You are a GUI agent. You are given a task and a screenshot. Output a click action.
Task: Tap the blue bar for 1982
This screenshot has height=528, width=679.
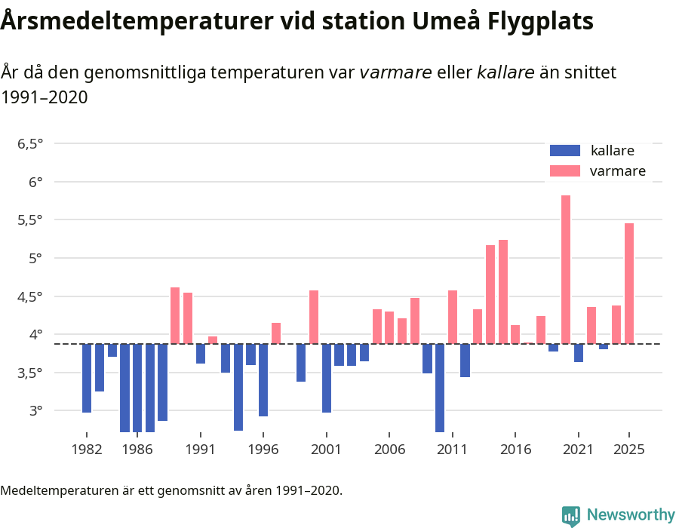click(x=87, y=378)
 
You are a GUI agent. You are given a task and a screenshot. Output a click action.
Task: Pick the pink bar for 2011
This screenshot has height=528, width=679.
click(x=453, y=317)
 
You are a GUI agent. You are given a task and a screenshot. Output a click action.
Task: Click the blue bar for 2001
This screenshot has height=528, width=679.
click(x=327, y=378)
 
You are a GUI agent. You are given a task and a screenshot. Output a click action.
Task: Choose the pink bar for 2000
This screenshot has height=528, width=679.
click(x=314, y=317)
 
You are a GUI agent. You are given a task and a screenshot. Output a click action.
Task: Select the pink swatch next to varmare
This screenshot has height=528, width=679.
click(x=566, y=171)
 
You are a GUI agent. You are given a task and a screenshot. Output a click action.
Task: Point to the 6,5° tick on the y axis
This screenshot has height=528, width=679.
click(x=30, y=143)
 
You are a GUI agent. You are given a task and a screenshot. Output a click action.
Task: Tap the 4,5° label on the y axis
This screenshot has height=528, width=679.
click(x=30, y=296)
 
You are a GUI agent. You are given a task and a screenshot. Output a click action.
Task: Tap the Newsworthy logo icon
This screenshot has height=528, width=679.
click(x=571, y=515)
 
